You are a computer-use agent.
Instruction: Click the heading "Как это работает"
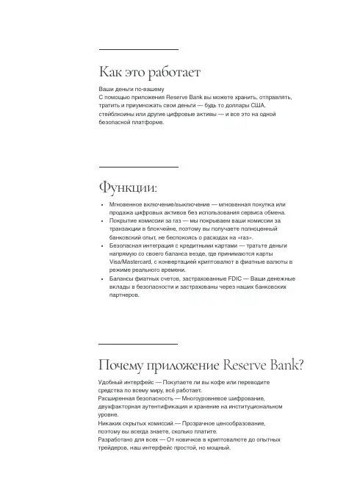point(150,72)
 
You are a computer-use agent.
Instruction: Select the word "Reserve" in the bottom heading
point(251,365)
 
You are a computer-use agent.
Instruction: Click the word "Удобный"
point(112,383)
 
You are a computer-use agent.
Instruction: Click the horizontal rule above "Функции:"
point(138,167)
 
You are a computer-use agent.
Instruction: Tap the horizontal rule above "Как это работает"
point(138,49)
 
